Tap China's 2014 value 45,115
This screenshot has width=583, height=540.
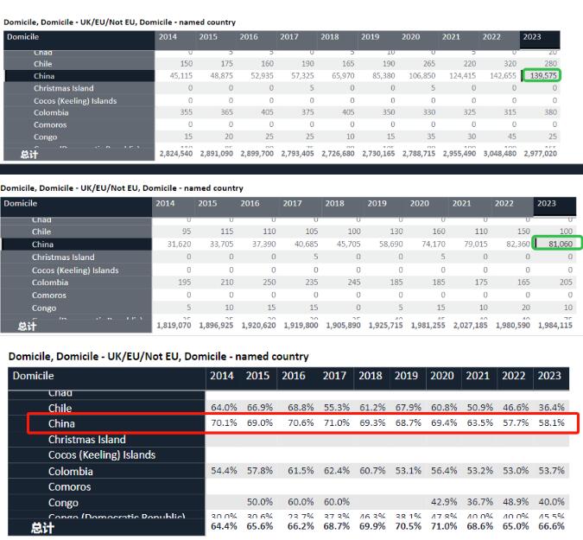(177, 76)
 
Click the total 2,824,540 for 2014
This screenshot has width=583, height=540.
(174, 154)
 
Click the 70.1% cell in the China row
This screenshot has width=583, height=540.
(223, 423)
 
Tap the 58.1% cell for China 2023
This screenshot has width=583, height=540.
(550, 423)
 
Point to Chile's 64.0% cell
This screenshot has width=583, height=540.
(223, 407)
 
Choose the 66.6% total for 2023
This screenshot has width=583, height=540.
(550, 526)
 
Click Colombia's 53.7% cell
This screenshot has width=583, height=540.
(550, 471)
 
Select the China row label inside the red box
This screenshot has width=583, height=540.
(61, 423)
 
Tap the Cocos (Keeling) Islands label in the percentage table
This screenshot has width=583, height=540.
(102, 455)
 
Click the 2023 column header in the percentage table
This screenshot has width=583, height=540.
(549, 376)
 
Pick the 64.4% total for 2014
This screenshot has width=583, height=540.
(223, 526)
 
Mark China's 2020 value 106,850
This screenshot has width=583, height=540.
(421, 76)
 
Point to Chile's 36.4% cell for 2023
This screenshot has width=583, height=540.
(550, 407)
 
